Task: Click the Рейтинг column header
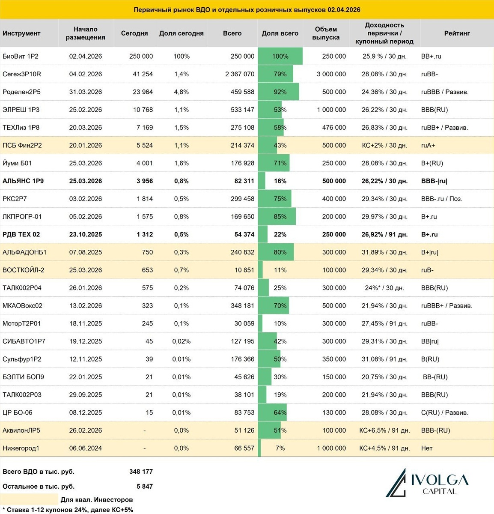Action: pos(457,33)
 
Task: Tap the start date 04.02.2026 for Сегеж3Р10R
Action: pos(86,74)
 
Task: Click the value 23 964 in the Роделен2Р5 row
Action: pos(143,92)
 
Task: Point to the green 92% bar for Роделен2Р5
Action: pos(279,92)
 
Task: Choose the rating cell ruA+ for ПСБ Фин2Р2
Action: pos(428,145)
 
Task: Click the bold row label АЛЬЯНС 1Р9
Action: pos(23,181)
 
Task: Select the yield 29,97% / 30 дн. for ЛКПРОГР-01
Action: pos(384,216)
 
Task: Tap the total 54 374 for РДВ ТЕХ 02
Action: pos(244,234)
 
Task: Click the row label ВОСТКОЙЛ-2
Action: pos(24,270)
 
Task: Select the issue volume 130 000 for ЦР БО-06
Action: pos(334,412)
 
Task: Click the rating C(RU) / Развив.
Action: pos(444,412)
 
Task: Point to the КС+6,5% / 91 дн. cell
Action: pos(384,430)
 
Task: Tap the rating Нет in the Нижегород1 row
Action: pos(427,448)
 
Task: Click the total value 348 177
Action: pos(141,472)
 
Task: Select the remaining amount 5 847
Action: pos(144,486)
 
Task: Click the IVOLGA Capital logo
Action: pos(427,483)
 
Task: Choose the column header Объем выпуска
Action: pos(326,33)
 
